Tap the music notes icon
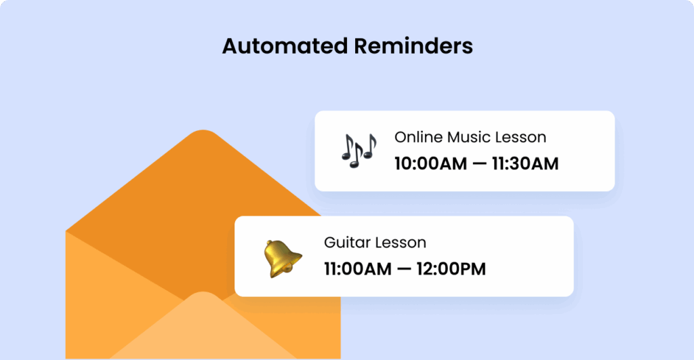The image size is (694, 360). click(x=358, y=150)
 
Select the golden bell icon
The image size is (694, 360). click(x=281, y=258)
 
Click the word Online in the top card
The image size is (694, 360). click(x=418, y=137)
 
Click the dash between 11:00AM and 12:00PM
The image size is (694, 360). click(x=401, y=269)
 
